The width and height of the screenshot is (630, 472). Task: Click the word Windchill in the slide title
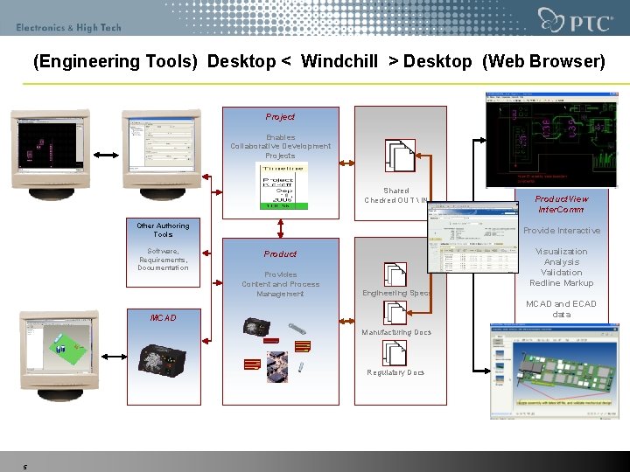(339, 62)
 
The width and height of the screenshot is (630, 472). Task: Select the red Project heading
(281, 117)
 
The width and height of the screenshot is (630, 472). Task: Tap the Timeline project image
(281, 185)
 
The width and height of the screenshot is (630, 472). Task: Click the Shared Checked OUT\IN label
(396, 196)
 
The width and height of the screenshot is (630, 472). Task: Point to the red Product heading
(281, 254)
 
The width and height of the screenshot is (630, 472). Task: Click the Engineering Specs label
(397, 294)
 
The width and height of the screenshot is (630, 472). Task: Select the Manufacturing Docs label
(397, 333)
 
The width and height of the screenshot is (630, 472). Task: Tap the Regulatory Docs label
(396, 372)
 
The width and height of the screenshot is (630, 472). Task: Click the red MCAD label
(163, 318)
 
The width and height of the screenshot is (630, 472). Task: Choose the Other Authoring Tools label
(163, 230)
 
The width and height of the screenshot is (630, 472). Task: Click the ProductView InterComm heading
(562, 204)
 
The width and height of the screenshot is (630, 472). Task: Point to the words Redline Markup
(562, 283)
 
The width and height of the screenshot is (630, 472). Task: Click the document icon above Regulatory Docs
(395, 352)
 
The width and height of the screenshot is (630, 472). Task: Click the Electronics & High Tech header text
(68, 28)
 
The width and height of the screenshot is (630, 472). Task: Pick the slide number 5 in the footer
(25, 467)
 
